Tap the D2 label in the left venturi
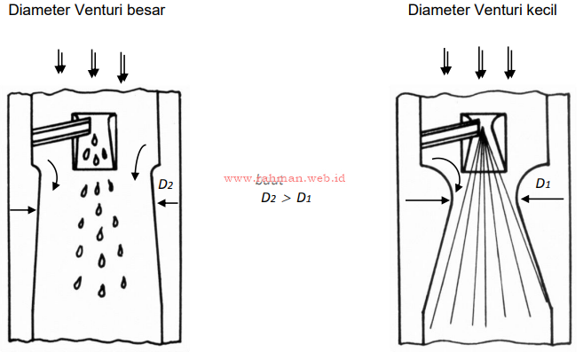[x=165, y=185]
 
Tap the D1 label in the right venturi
[x=544, y=184]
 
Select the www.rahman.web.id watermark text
[x=284, y=178]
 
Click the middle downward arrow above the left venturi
[x=92, y=62]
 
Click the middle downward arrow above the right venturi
[x=480, y=62]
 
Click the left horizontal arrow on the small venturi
[x=425, y=200]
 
